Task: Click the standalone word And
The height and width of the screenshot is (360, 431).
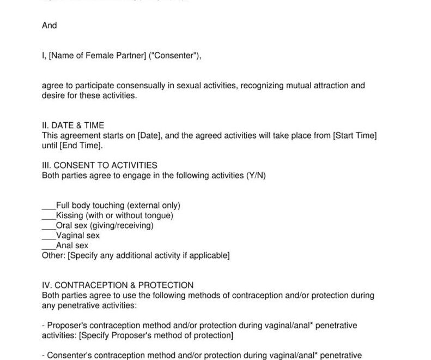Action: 50,25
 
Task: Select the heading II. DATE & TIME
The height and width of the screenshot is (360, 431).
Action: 72,125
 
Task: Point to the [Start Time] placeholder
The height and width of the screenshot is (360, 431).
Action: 355,135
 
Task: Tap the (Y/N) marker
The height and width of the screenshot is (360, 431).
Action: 256,176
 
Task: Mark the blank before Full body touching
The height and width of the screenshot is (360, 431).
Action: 49,206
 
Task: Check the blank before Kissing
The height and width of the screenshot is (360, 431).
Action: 49,215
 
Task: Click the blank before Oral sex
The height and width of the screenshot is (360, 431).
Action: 49,225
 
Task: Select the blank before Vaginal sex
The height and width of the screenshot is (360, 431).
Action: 49,236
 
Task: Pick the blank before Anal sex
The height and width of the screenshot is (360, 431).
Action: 49,245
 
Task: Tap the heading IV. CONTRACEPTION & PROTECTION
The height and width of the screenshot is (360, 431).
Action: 118,285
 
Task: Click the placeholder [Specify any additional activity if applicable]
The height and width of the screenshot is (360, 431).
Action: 149,255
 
